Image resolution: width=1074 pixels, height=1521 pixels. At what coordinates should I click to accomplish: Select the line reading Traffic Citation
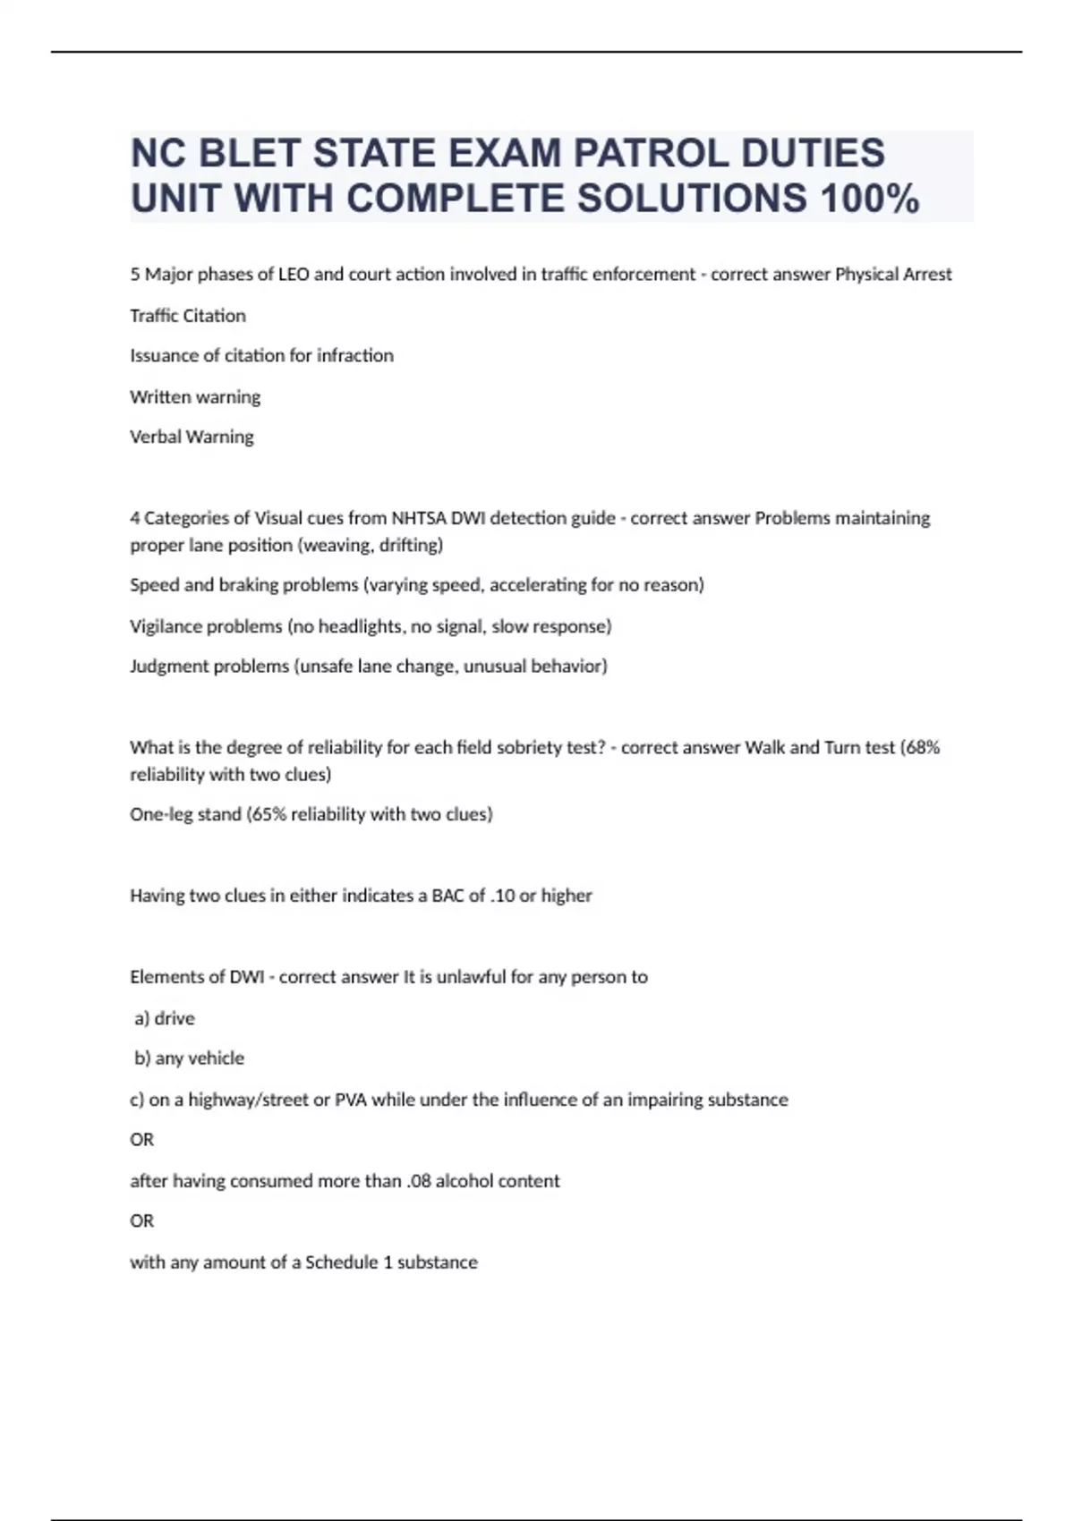(188, 316)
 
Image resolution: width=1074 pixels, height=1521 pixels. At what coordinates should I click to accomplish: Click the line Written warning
(195, 396)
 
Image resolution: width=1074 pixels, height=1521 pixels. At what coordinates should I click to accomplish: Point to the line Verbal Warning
(192, 438)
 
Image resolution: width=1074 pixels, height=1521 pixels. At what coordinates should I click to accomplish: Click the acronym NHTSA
(418, 518)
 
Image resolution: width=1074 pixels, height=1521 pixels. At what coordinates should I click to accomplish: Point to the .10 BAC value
(502, 896)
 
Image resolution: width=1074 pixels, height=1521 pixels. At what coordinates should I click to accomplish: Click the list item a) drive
(165, 1018)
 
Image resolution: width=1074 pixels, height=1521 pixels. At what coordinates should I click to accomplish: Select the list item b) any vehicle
(189, 1058)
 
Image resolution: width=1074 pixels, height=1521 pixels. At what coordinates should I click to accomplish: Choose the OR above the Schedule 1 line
(142, 1221)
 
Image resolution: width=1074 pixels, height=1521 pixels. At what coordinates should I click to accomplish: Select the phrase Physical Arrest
(893, 275)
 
